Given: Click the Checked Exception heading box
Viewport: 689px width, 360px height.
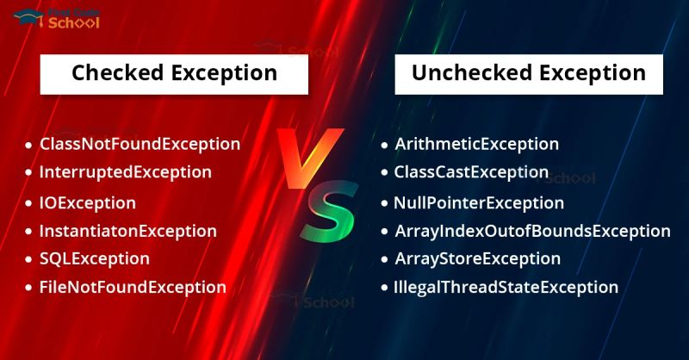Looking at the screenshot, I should [x=174, y=72].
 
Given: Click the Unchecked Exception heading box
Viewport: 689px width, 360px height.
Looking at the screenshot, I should [x=528, y=72].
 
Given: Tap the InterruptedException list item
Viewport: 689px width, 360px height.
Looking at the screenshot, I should [x=125, y=171].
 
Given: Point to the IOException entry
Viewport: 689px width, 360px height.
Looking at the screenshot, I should [x=87, y=203].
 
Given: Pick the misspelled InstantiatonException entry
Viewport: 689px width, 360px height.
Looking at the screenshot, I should [x=127, y=231].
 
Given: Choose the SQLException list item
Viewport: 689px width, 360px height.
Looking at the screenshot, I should [x=94, y=258].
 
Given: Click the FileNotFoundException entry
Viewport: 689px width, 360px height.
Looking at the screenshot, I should [x=133, y=287].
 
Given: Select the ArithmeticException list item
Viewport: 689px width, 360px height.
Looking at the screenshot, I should [x=476, y=144].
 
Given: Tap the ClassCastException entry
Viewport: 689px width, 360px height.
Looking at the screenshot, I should [x=471, y=171].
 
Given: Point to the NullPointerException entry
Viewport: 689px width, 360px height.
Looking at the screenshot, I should [x=479, y=203].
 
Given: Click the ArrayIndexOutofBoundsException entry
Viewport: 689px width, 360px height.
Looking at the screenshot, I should [x=531, y=231].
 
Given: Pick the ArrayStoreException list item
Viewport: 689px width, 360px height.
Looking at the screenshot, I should [x=477, y=258].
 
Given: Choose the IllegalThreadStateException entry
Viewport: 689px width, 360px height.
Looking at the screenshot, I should [x=506, y=287].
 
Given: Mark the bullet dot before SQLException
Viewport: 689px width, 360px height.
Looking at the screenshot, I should [x=28, y=259].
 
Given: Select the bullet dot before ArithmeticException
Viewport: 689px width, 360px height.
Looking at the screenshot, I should [x=384, y=145].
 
